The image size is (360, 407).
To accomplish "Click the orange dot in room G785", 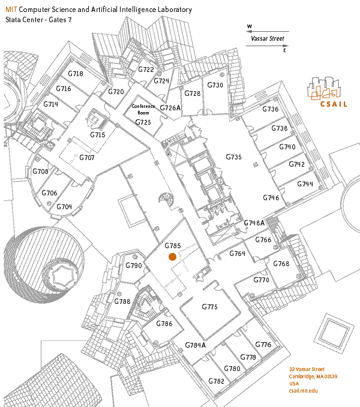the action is [x=172, y=257].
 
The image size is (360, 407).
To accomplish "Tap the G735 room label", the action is [x=233, y=157].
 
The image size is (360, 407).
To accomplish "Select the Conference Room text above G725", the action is [x=143, y=109].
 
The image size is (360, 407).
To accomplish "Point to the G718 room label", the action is [x=76, y=74].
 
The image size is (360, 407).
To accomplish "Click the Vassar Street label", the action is [x=267, y=39].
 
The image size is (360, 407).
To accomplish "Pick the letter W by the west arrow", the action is [x=250, y=26].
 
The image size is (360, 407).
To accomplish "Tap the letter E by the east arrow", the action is [x=284, y=50].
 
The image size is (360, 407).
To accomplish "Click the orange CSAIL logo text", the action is [x=334, y=104].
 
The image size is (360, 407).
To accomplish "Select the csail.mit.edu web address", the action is [x=303, y=391].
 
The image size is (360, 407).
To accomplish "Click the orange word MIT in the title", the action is [x=11, y=10].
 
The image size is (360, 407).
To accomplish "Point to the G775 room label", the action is [x=209, y=307].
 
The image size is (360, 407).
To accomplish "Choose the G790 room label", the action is [x=134, y=266].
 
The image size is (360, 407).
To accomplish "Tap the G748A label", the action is [x=254, y=223].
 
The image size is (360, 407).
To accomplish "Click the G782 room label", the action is [x=216, y=381].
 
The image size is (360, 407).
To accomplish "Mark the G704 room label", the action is [x=64, y=207].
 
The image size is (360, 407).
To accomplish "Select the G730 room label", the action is [x=215, y=85].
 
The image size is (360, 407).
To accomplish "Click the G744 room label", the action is [x=305, y=184].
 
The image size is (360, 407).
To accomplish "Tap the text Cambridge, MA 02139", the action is [x=313, y=376].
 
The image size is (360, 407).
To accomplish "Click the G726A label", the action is [x=170, y=108].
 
